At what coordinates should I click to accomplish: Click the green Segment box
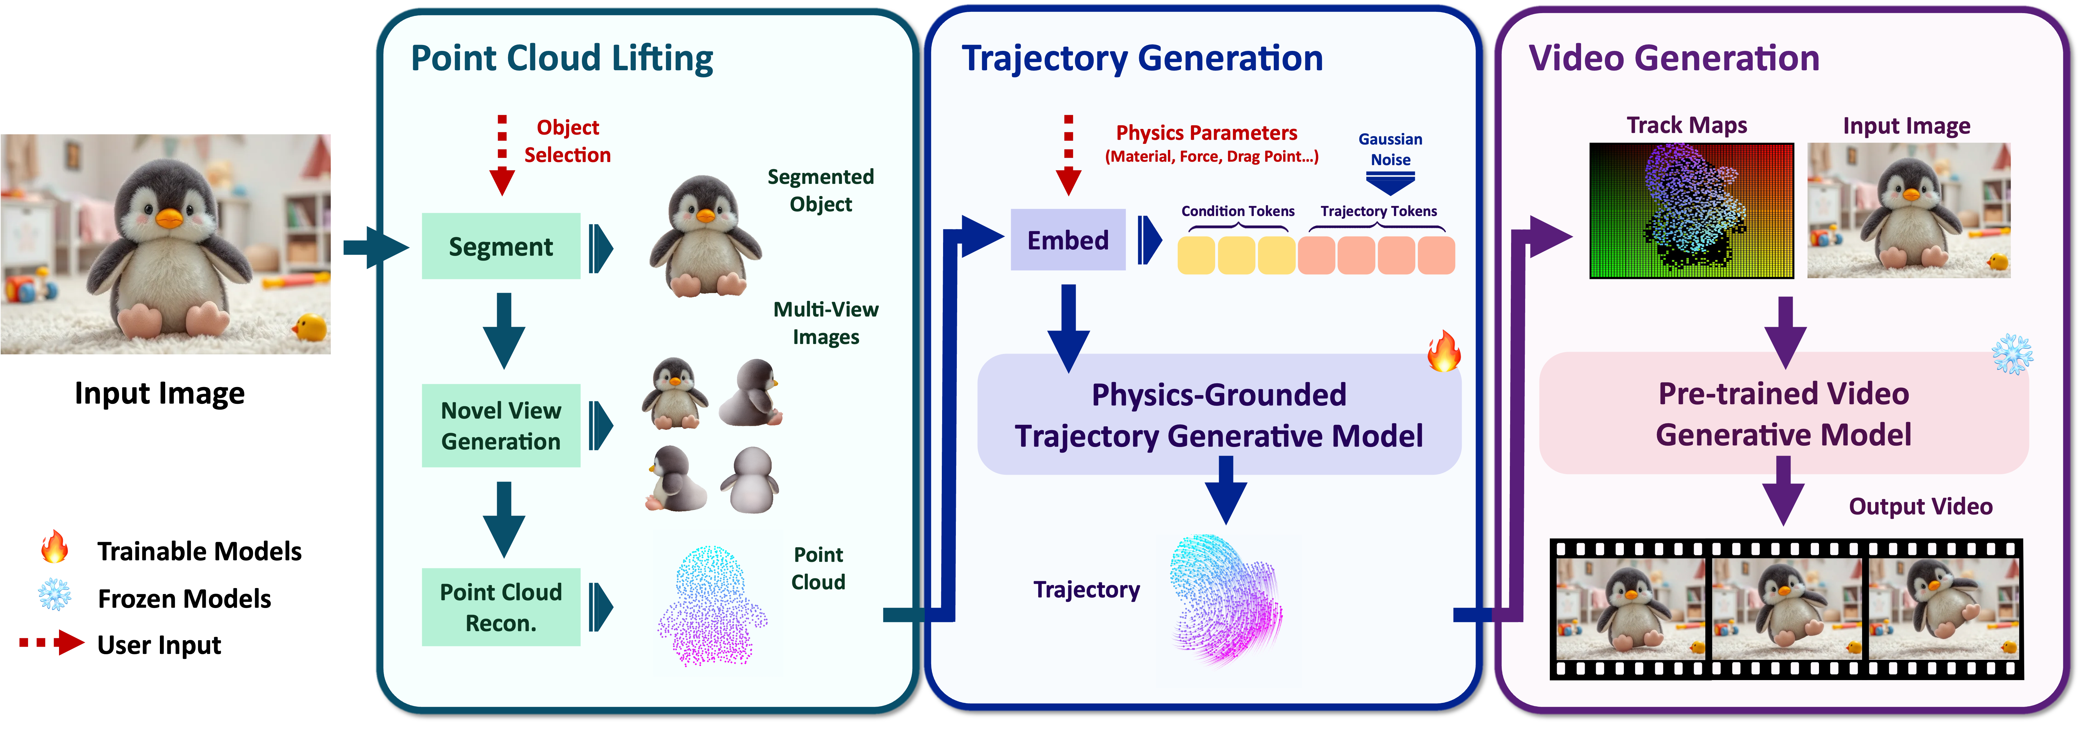tap(501, 246)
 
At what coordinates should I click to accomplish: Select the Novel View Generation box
tap(501, 426)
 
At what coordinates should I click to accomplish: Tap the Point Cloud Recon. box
tap(501, 607)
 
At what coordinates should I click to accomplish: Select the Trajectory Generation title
tap(1141, 58)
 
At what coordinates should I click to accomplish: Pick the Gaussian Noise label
tap(1390, 150)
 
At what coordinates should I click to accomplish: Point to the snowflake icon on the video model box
tap(2012, 354)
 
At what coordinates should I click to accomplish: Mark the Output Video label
tap(1920, 507)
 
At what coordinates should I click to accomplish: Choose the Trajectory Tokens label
tap(1378, 211)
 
